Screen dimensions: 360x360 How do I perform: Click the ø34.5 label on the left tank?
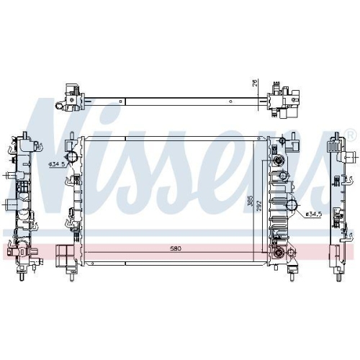point(57,165)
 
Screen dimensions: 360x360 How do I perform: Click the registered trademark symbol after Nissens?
point(349,135)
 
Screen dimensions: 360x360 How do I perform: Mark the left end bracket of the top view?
point(69,98)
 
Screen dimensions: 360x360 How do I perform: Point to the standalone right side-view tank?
point(341,204)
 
